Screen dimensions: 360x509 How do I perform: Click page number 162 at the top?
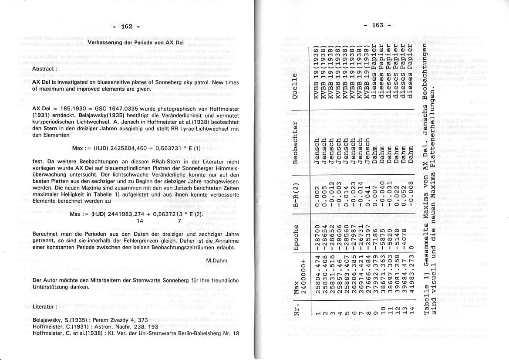(x=126, y=27)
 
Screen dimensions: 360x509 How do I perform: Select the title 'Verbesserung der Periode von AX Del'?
(x=136, y=43)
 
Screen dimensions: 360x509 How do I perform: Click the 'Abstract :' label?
(x=45, y=68)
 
